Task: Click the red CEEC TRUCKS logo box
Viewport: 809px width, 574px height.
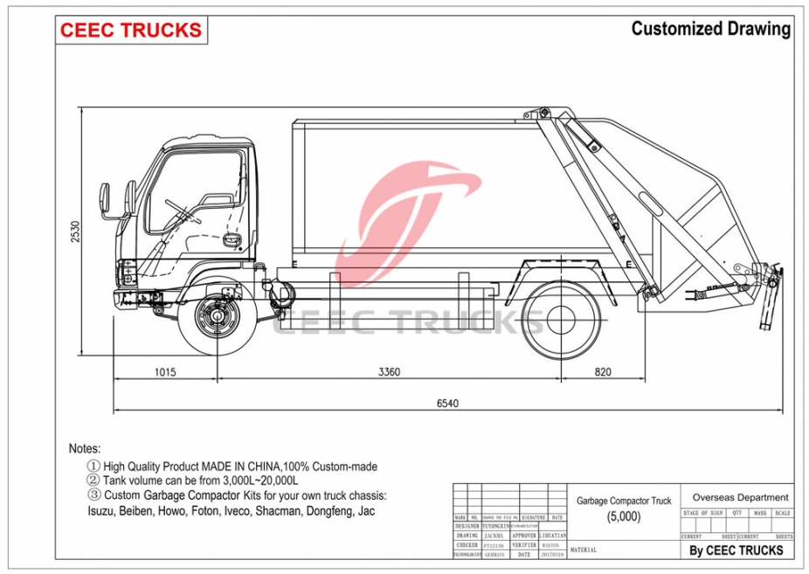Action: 131,30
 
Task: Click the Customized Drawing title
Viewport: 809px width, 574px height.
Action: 710,29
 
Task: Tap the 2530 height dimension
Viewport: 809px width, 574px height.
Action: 76,232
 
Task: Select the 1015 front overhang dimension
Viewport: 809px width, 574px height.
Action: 165,371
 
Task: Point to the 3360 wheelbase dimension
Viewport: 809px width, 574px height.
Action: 390,371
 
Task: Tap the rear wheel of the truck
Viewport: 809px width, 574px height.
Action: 563,316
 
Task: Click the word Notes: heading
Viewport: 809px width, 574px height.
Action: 85,448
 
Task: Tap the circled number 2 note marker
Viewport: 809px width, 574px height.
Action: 93,481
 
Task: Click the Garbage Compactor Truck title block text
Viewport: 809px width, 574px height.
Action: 624,501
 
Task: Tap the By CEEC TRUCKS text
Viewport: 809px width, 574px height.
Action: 736,550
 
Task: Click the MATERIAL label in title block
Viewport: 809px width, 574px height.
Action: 583,550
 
